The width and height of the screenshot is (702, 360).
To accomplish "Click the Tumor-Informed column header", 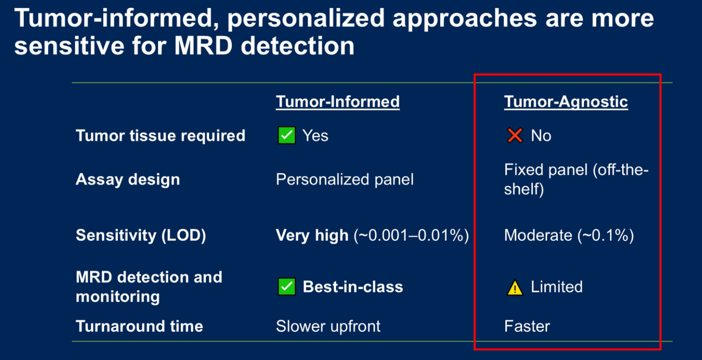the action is coord(338,102).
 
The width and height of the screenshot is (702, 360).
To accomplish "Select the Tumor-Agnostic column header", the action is coord(566,102).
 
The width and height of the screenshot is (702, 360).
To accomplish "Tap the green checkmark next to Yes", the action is coord(287,136).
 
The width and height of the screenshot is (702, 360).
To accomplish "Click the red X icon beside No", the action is coord(514,136).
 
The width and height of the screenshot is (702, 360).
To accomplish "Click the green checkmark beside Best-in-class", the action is coord(287,286).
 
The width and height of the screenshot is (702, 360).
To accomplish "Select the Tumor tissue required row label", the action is coord(161,136).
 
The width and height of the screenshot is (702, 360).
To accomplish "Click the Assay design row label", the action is coord(128,180).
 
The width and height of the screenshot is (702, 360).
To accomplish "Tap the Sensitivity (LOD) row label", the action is coord(141,236).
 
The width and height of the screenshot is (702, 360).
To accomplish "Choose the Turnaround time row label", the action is coord(139,326).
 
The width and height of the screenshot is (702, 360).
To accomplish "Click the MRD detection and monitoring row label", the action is coord(149,286).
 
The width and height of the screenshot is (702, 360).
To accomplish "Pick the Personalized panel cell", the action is coord(345,180).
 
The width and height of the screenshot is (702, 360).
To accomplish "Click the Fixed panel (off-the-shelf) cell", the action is coord(576,180).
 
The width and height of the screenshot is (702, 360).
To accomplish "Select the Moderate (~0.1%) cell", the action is coord(569,236).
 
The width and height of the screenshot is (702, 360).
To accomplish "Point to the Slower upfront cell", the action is coord(328,326).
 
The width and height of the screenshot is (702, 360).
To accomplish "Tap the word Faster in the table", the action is coord(527,326).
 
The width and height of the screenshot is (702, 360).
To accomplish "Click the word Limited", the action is coord(557,286).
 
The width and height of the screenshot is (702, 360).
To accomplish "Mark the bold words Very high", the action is coord(312,236).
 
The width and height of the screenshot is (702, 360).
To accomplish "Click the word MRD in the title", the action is coord(203,46).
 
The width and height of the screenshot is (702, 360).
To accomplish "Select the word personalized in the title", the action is coord(305,18).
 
